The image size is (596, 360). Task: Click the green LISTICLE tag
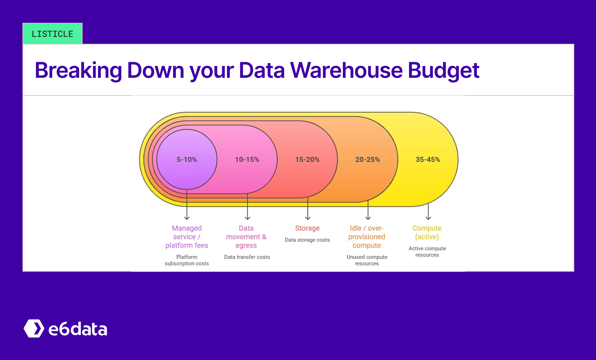53,34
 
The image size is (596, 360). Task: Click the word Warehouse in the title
346,70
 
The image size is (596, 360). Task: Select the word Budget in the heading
444,70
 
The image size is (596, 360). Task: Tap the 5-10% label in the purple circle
187,160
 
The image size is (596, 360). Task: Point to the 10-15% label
247,160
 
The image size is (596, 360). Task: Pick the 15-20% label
307,160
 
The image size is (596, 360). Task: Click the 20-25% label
368,160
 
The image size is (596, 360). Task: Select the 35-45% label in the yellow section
428,160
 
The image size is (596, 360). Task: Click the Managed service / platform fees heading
187,237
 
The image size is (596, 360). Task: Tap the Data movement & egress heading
246,237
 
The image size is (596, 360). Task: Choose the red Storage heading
307,228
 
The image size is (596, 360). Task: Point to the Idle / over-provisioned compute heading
367,237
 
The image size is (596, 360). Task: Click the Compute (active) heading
427,232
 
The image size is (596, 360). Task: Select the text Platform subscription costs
187,260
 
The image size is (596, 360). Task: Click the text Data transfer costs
247,257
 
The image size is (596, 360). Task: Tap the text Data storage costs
307,240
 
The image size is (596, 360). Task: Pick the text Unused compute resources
367,260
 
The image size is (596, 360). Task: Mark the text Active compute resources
427,251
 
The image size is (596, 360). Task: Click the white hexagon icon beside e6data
34,329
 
